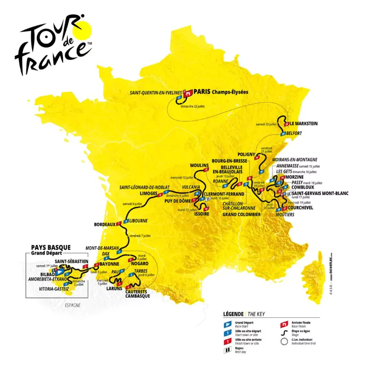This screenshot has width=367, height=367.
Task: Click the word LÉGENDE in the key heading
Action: pos(234,314)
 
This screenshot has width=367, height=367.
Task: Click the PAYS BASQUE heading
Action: pos(51,248)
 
